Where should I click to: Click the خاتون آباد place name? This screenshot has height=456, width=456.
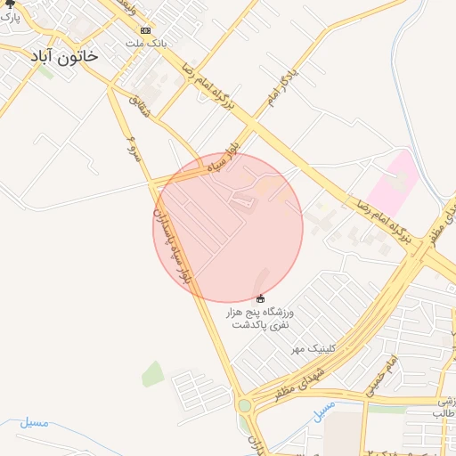tap(64, 56)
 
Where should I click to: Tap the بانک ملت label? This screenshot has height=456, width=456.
tap(147, 43)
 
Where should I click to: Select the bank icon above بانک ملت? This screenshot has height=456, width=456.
tap(146, 29)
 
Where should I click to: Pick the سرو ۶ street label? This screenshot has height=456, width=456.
tap(129, 149)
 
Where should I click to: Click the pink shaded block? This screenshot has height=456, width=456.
tap(393, 179)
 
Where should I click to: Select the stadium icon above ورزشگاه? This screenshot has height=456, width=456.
tap(260, 297)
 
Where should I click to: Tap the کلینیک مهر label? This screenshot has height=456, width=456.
tap(307, 348)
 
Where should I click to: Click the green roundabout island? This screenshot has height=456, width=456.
tap(244, 405)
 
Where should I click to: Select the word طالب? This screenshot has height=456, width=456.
tap(444, 414)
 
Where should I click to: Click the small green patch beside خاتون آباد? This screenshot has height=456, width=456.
tap(45, 72)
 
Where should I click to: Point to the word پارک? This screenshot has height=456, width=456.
tap(12, 18)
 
